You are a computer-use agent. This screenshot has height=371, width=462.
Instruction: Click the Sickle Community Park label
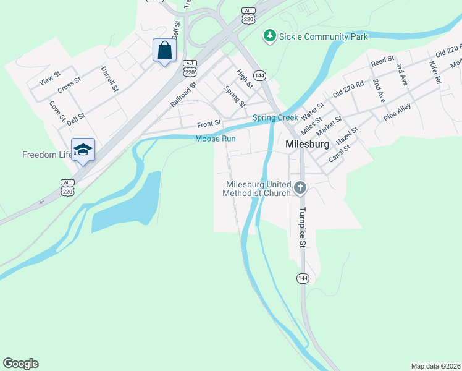tap(324, 37)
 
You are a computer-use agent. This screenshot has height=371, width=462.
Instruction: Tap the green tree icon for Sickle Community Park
tap(270, 36)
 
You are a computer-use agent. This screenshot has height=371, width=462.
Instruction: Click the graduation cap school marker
tap(83, 150)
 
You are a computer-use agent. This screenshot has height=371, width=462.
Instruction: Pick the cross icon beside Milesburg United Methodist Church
tap(300, 188)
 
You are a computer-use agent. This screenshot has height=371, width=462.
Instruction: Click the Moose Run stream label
tap(216, 139)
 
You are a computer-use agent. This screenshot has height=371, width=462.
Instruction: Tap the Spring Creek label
tap(275, 117)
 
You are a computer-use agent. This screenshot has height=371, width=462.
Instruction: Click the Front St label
tap(209, 124)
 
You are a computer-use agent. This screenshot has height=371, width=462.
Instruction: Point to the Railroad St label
tap(183, 95)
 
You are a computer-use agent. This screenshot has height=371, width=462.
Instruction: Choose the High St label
tap(245, 79)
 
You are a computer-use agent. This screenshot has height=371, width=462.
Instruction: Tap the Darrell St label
tap(109, 79)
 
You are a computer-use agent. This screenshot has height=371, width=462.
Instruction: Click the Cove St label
tap(57, 111)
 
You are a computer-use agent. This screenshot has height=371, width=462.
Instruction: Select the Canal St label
tap(339, 151)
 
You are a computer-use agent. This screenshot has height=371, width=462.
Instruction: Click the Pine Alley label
tap(397, 112)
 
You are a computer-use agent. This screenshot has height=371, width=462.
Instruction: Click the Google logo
tap(20, 364)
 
